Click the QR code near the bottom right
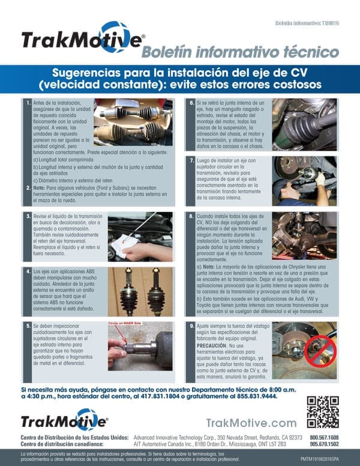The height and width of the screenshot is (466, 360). pyautogui.click(x=322, y=411)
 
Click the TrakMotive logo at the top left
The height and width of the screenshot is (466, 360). pyautogui.click(x=83, y=38)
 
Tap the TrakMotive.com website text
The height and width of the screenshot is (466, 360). pyautogui.click(x=251, y=423)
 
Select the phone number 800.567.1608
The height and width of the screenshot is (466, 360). pyautogui.click(x=324, y=437)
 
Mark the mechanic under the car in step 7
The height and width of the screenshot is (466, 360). pyautogui.click(x=302, y=181)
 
